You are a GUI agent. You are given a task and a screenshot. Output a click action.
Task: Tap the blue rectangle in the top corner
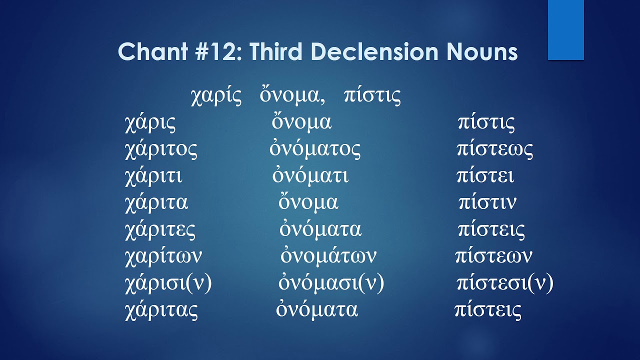click(x=565, y=30)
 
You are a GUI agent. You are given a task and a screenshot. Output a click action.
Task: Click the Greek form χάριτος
click(x=161, y=149)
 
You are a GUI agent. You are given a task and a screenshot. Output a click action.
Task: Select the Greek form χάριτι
click(x=153, y=176)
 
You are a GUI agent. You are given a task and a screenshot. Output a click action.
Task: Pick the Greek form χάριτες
click(x=160, y=230)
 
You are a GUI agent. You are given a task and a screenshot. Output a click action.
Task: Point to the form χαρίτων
click(x=163, y=256)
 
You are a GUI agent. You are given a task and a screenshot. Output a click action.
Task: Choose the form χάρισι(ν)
click(x=168, y=283)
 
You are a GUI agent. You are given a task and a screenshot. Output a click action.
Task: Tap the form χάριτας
click(x=161, y=310)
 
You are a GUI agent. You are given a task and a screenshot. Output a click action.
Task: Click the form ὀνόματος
click(x=315, y=149)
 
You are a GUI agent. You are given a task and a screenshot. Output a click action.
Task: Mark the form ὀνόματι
click(x=310, y=176)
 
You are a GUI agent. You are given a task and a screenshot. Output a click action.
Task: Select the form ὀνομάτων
click(x=328, y=256)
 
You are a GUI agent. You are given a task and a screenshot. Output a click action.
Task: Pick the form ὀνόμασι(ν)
click(x=331, y=283)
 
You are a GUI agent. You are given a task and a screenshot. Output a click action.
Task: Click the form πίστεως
click(x=494, y=149)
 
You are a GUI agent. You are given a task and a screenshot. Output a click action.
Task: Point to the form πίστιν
click(x=487, y=203)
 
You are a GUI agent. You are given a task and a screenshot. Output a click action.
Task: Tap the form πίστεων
click(x=493, y=256)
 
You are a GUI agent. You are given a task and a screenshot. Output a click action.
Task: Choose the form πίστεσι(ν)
click(x=505, y=283)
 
